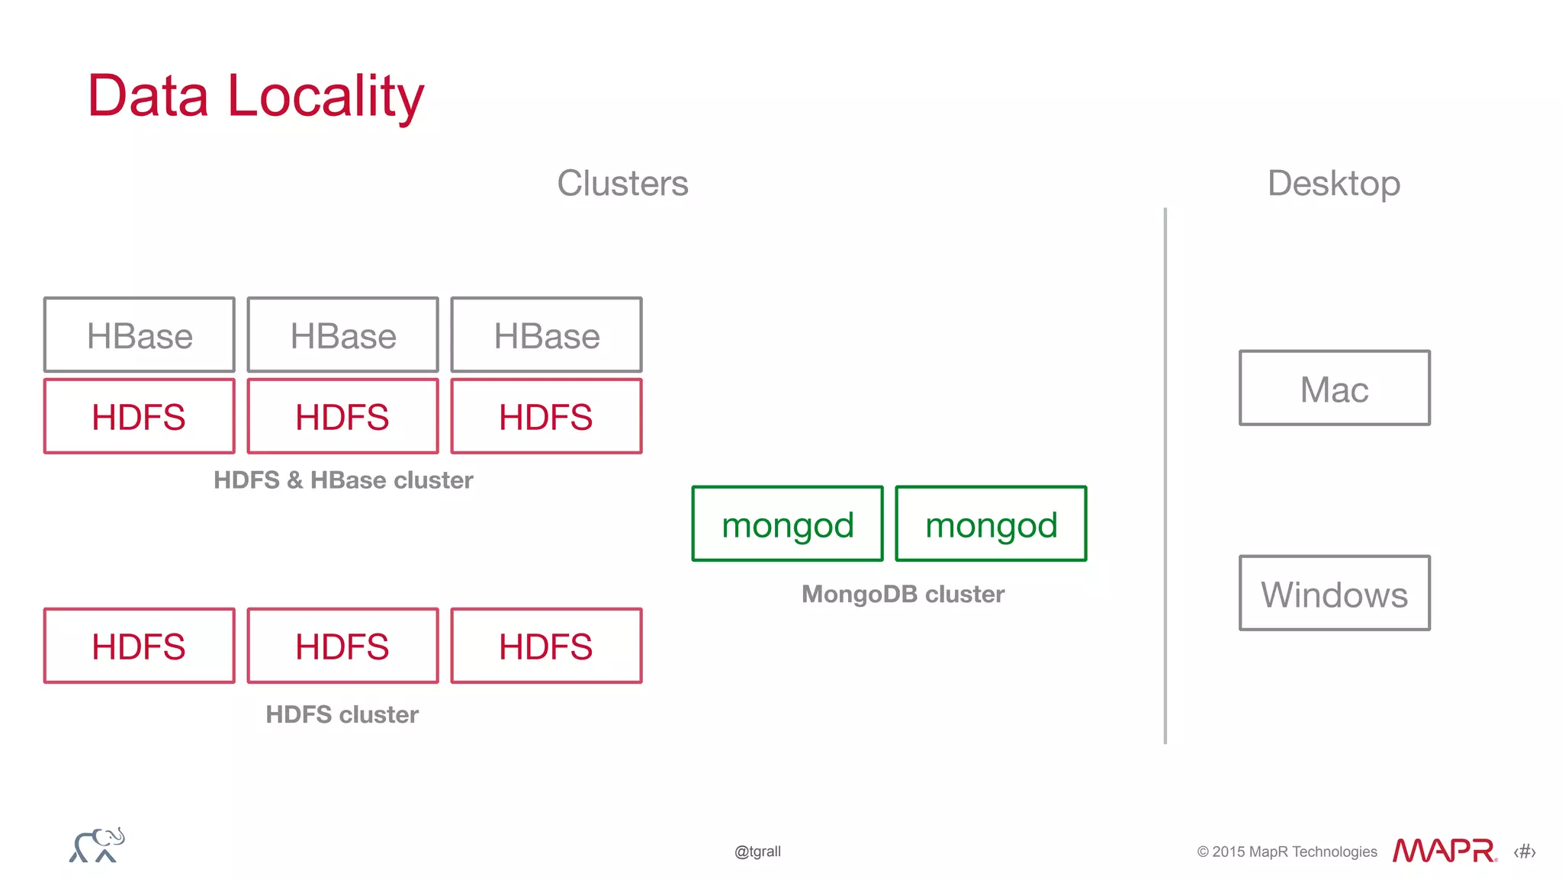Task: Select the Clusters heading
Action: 622,184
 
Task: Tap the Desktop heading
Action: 1333,184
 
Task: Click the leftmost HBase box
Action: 139,335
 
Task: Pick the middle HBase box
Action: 342,335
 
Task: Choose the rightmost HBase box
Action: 546,335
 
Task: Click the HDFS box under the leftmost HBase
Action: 139,417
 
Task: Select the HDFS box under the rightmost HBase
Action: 546,417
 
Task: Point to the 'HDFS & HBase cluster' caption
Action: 343,480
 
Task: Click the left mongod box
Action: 787,525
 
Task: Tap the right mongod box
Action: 991,525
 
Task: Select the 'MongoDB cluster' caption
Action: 902,594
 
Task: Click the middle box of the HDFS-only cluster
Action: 342,646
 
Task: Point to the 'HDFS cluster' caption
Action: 342,714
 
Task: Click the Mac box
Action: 1334,389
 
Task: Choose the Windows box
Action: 1334,594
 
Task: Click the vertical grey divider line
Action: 1165,473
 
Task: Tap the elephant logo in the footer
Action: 97,845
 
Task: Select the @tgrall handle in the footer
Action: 757,852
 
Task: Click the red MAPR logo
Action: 1444,850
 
